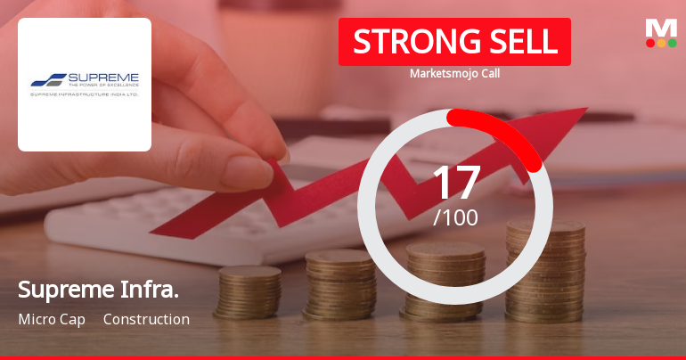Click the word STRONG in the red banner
pos(404,41)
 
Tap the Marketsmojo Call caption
pos(454,73)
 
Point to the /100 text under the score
pos(456,217)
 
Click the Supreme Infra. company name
pos(98,290)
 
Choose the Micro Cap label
pos(52,319)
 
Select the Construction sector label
pos(146,319)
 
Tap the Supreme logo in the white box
pos(85,84)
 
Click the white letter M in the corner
pos(661,28)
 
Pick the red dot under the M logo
pos(650,42)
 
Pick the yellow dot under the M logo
pos(661,42)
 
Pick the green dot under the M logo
pos(672,42)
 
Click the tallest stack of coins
pos(546,276)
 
